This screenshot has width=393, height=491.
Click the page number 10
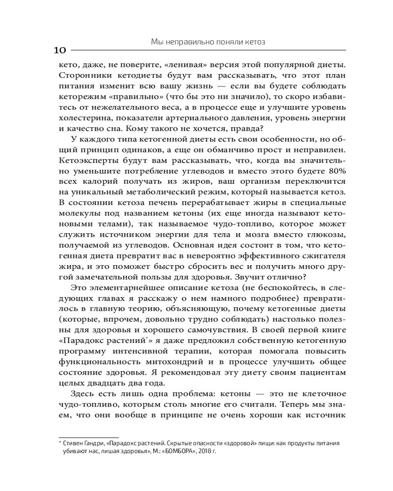click(59, 51)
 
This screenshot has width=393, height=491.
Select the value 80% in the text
click(338, 171)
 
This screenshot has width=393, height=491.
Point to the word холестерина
click(81, 118)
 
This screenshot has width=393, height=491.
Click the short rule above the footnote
click(88, 436)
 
